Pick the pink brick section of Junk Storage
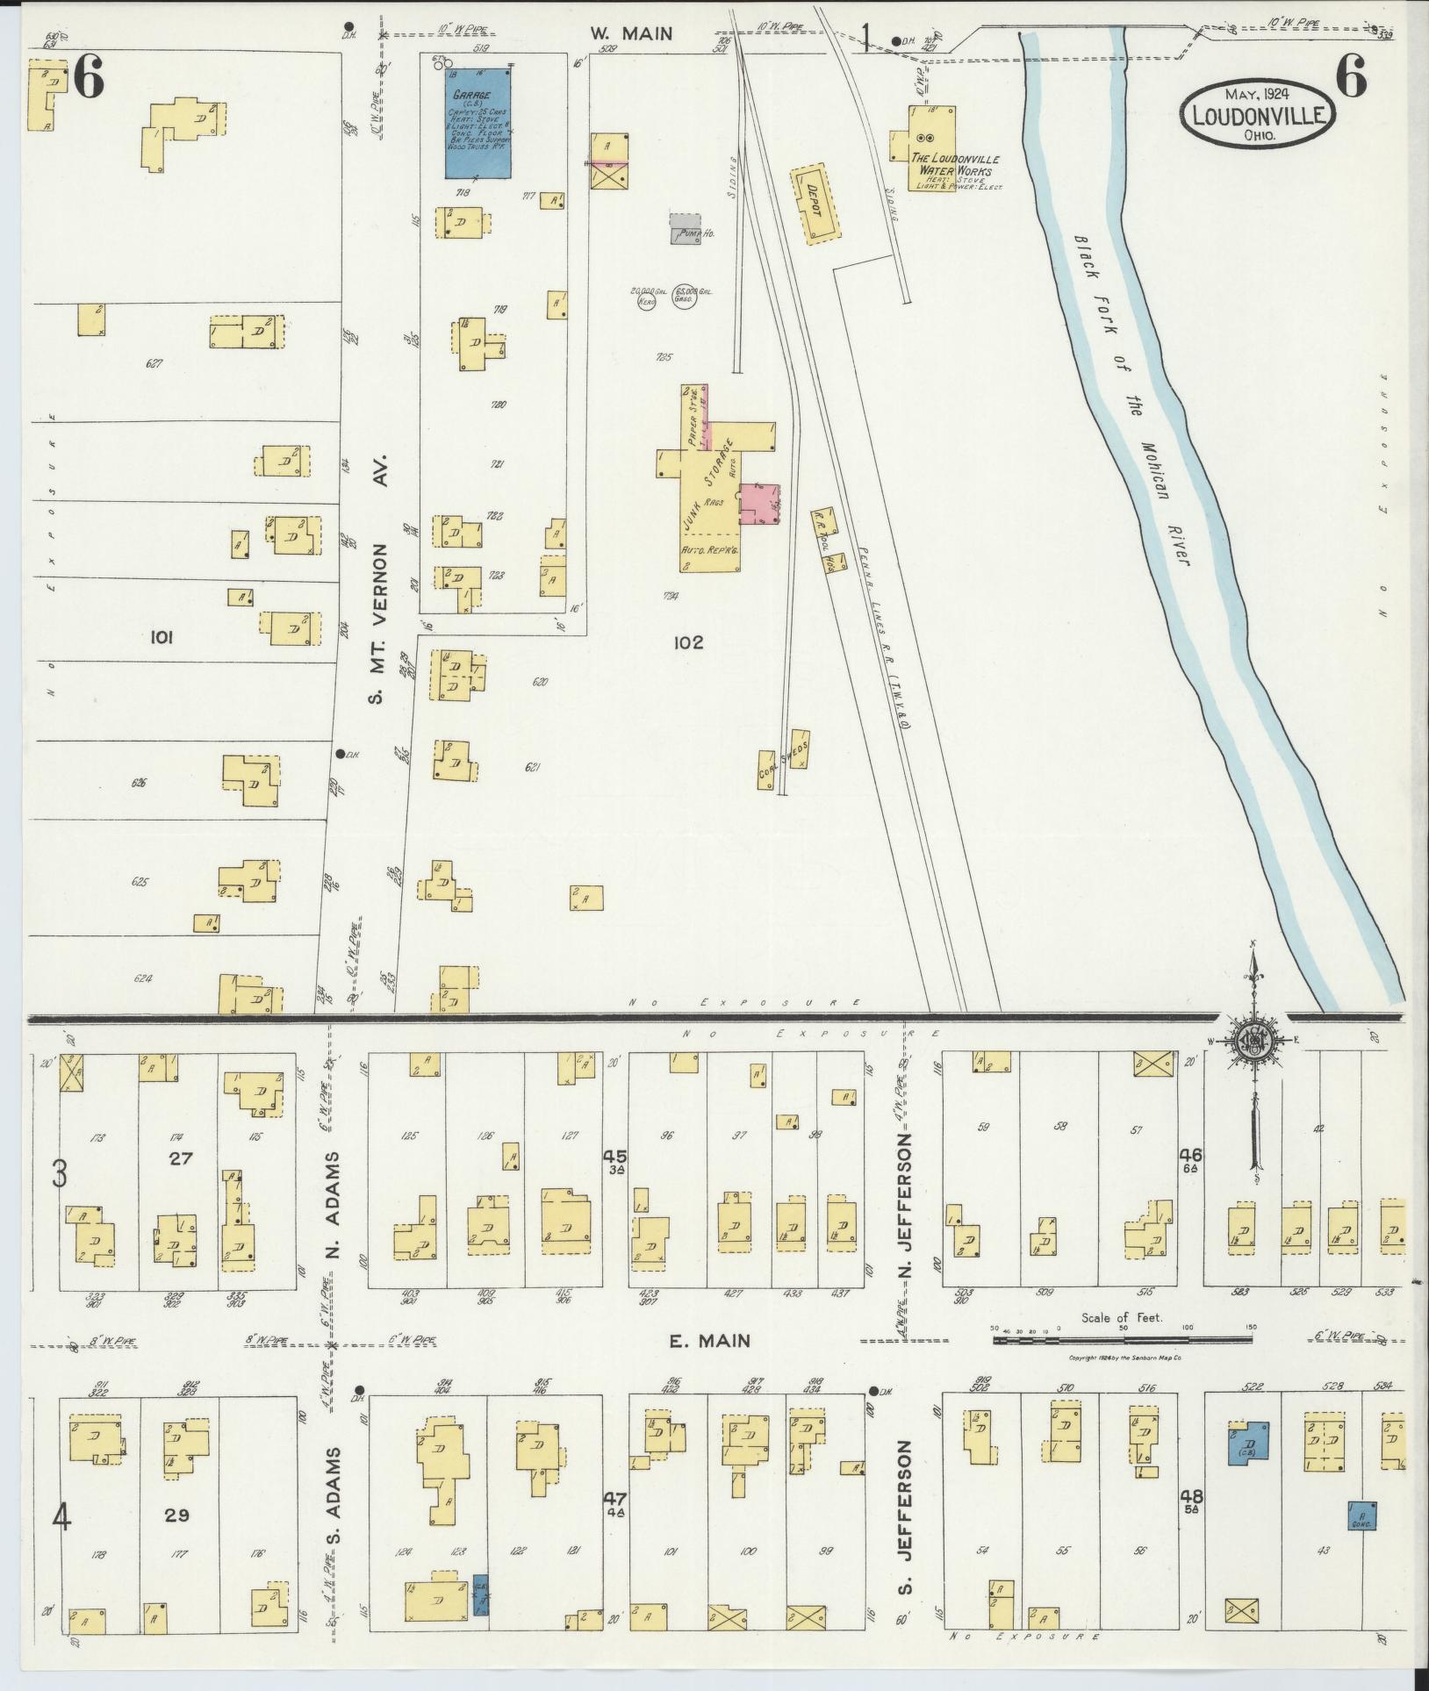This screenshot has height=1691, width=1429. [759, 504]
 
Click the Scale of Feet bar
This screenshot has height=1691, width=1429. [1122, 1365]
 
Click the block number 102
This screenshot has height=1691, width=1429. [688, 642]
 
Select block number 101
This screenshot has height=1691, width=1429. [162, 638]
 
